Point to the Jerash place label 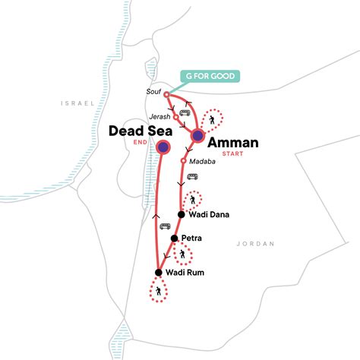[160, 117]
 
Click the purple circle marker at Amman [197, 136]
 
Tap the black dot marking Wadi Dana [181, 215]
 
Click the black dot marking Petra [174, 238]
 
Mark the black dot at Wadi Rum [159, 273]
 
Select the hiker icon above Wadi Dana [193, 200]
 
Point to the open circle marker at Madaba [184, 161]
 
